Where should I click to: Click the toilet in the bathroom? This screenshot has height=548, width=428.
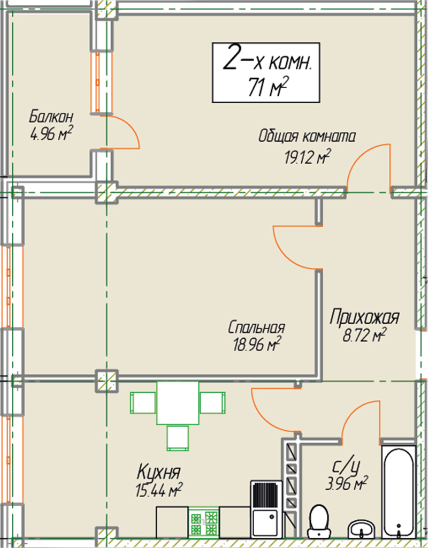[319, 521]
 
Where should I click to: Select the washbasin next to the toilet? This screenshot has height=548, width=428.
[362, 529]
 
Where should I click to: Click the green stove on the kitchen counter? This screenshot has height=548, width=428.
[204, 522]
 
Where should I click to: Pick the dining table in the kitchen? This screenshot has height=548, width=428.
[178, 402]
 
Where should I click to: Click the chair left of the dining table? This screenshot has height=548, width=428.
[143, 402]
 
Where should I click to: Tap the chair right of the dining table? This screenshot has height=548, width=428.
[212, 402]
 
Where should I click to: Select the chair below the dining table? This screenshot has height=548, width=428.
[178, 438]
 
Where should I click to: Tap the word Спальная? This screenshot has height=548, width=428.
[256, 328]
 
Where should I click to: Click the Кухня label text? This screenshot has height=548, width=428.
[159, 473]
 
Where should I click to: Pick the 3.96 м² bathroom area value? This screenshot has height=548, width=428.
[346, 483]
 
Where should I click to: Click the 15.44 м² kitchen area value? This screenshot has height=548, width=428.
[159, 490]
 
